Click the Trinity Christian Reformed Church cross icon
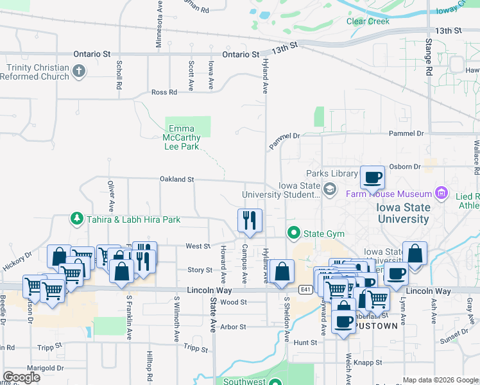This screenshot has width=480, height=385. [79, 71]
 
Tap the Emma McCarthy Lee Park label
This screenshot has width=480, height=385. [181, 137]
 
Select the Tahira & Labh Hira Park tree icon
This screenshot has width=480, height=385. [77, 219]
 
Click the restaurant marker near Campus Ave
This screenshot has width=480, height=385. [250, 220]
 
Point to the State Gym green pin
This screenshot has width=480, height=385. [294, 232]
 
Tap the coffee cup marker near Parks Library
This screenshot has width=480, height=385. [372, 177]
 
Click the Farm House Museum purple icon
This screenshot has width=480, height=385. [441, 193]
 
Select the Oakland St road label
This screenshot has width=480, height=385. [176, 180]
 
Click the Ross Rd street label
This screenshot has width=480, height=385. [164, 92]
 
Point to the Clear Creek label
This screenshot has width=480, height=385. [368, 21]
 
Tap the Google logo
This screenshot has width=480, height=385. [21, 377]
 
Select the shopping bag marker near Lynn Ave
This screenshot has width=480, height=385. [415, 253]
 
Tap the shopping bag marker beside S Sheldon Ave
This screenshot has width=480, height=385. [282, 271]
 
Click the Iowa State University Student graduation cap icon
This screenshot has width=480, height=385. [330, 188]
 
